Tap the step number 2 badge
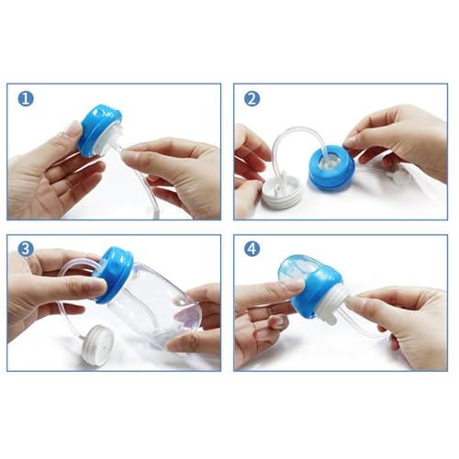click(252, 99)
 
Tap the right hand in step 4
click(404, 317)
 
